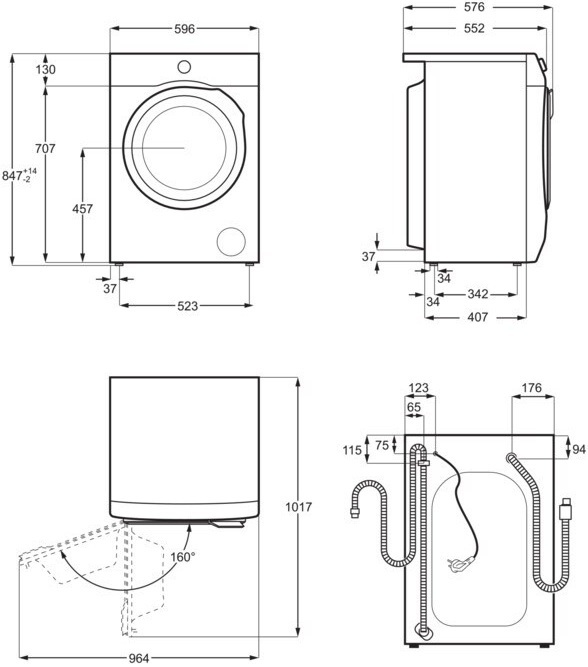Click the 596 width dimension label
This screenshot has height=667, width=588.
pos(184,30)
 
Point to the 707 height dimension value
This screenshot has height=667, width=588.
pos(44,149)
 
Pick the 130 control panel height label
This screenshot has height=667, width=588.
pos(44,70)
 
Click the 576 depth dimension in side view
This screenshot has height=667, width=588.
pos(474,8)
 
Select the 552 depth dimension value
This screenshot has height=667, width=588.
pos(474,29)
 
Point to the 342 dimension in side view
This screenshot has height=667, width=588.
pos(477,294)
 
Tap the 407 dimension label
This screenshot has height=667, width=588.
pos(477,317)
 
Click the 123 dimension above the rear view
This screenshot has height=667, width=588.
pos(418,388)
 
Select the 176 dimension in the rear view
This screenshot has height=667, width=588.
pos(531,388)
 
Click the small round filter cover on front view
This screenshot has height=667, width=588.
pos(231,241)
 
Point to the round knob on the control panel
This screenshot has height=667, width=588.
pos(184,67)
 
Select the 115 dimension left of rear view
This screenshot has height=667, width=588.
pos(352,451)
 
